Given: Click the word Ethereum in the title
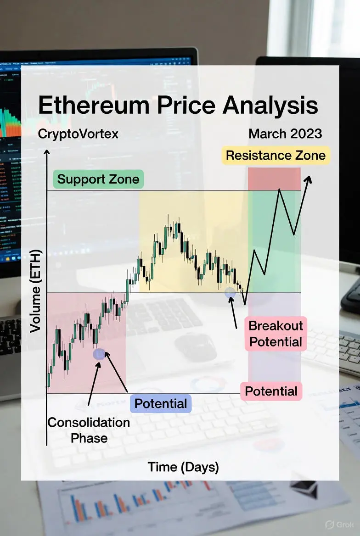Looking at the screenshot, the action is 94,105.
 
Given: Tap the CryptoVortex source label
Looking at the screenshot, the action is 78,134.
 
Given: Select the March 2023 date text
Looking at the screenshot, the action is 285,134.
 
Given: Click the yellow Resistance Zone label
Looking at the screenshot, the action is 276,156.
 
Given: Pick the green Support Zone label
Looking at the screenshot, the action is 98,179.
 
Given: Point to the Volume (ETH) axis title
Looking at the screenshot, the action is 35,291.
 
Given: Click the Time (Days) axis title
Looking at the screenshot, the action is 183,467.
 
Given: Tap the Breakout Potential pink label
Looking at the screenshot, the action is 276,334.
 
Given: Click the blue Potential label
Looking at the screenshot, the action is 161,404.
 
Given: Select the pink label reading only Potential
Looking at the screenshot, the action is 271,391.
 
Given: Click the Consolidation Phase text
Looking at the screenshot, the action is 89,430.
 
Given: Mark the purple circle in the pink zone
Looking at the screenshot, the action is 99,354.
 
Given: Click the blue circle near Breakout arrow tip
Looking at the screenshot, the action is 230,292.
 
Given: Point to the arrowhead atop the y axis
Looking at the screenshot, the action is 47,152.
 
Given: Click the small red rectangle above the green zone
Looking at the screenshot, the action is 274,179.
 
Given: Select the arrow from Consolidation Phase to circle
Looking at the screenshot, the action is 94,384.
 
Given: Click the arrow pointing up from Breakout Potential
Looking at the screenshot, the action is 233,313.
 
